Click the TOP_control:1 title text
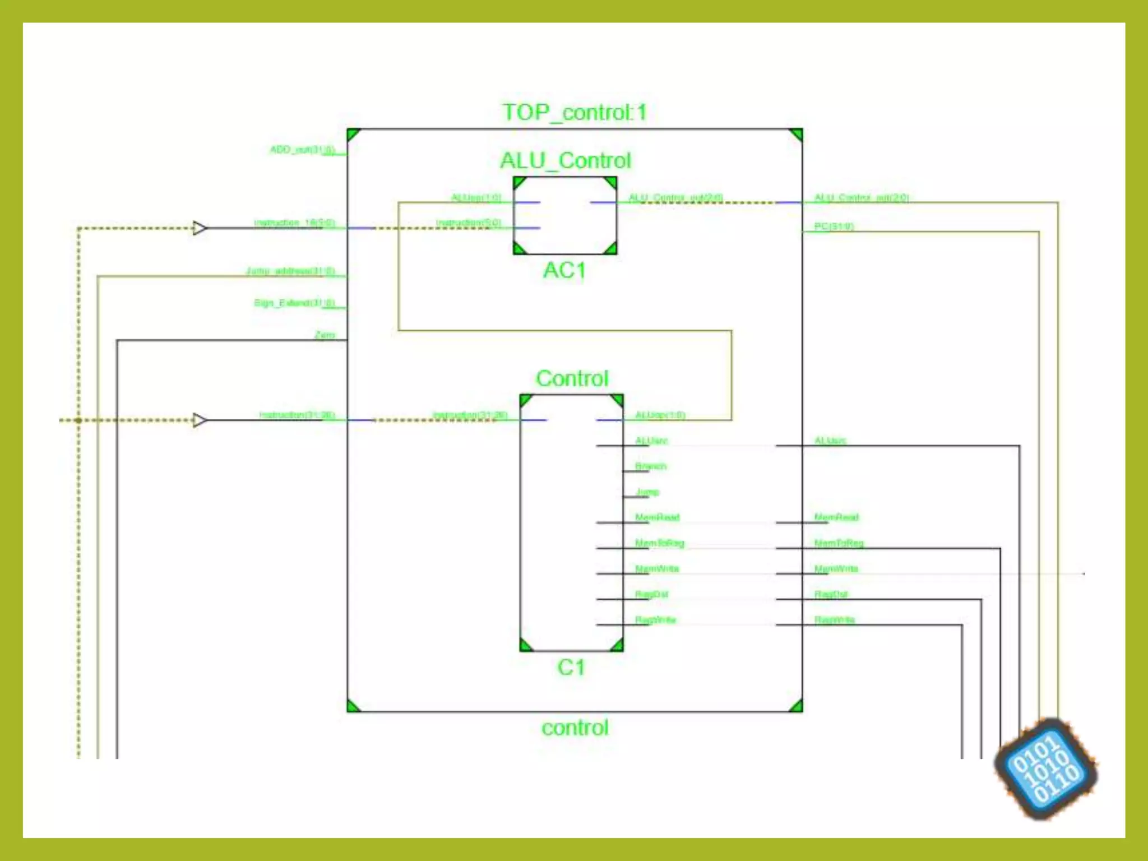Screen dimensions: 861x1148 [575, 113]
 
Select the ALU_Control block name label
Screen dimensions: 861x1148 [566, 161]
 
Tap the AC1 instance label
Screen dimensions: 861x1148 [564, 271]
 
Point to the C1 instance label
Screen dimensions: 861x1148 [571, 668]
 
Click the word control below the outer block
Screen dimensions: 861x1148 [575, 728]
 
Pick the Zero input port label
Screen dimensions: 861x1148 [325, 335]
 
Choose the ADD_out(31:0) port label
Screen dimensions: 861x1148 [303, 150]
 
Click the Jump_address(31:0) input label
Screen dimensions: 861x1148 [291, 271]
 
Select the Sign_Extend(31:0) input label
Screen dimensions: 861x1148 [295, 303]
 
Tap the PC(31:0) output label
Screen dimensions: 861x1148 [834, 226]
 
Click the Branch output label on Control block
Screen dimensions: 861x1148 [651, 466]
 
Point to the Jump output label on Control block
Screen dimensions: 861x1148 [647, 492]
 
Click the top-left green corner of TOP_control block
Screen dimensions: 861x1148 [353, 135]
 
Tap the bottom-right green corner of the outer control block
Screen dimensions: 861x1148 [796, 706]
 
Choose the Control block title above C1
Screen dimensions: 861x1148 [572, 379]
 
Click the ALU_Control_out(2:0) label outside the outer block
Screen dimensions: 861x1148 [862, 198]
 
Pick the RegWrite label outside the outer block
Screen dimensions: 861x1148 [834, 620]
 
